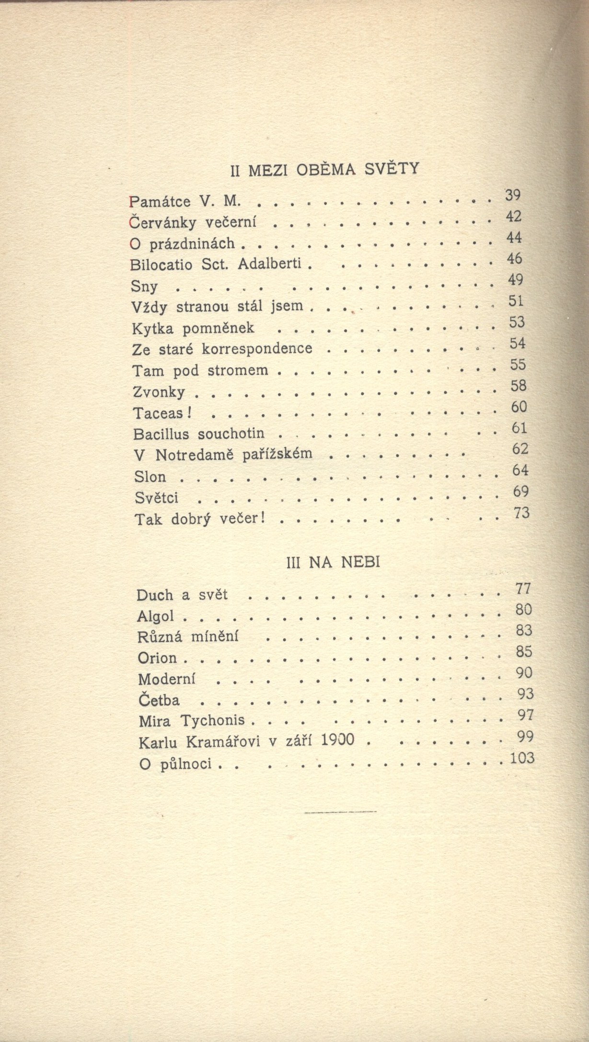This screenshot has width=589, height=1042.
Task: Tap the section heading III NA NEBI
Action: coord(333,562)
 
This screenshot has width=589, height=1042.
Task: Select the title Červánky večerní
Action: coord(194,222)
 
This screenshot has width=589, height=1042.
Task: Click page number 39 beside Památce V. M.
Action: coord(512,196)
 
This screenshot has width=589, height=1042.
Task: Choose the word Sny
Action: coord(144,287)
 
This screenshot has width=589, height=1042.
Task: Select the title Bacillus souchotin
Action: coord(199,434)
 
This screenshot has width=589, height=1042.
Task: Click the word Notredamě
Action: coord(195,455)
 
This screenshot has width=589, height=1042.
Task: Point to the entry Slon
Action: coord(150,477)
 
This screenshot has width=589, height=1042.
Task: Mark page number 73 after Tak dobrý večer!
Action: coord(521,514)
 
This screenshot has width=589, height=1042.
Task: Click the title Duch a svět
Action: coord(182,595)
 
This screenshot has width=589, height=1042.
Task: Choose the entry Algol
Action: coord(155,616)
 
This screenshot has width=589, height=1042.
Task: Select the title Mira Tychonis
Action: coord(191,720)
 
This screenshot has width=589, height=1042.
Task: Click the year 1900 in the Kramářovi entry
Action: coord(338,740)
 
